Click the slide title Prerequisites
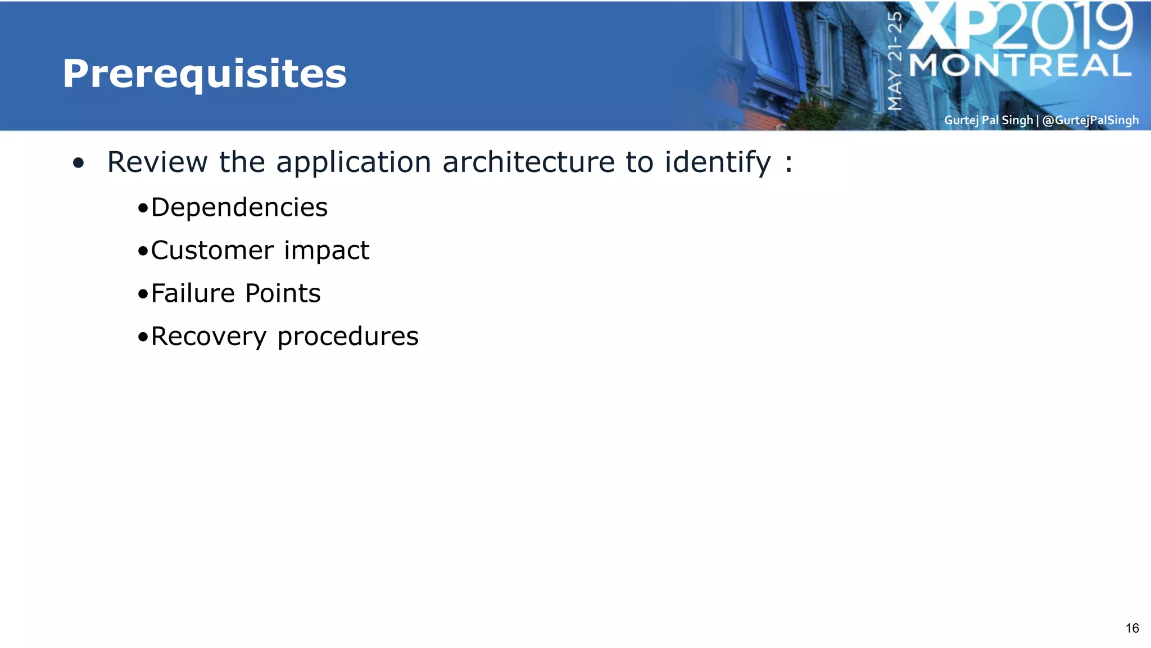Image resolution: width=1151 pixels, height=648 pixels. (205, 74)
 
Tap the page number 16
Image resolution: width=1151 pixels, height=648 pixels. (1132, 628)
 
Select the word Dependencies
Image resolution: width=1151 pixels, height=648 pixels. (239, 208)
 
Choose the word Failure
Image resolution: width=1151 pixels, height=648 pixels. (193, 293)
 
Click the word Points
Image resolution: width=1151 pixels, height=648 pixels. (283, 293)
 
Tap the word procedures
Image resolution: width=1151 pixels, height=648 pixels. (348, 337)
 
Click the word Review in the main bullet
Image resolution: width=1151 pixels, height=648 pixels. (157, 162)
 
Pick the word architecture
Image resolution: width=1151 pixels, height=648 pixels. (528, 162)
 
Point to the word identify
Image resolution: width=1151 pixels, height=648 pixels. (718, 163)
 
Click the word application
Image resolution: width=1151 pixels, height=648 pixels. (354, 163)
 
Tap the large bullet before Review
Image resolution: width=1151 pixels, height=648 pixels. (79, 164)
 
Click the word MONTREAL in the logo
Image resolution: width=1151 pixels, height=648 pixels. (1020, 66)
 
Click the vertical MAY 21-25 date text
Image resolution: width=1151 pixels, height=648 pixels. (895, 61)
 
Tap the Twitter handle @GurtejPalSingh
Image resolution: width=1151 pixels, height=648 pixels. (1090, 120)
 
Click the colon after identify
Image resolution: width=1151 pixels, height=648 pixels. (789, 163)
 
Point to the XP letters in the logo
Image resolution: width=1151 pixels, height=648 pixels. (953, 27)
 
